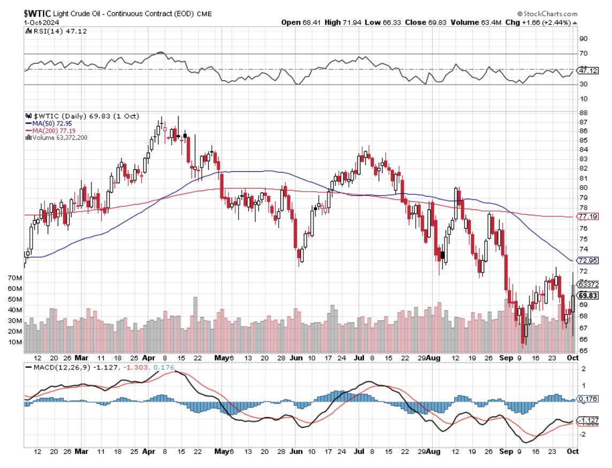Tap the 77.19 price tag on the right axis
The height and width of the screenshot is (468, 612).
point(588,216)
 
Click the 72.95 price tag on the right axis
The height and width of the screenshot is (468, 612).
point(588,260)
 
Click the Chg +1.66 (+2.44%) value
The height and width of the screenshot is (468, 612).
point(548,22)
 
